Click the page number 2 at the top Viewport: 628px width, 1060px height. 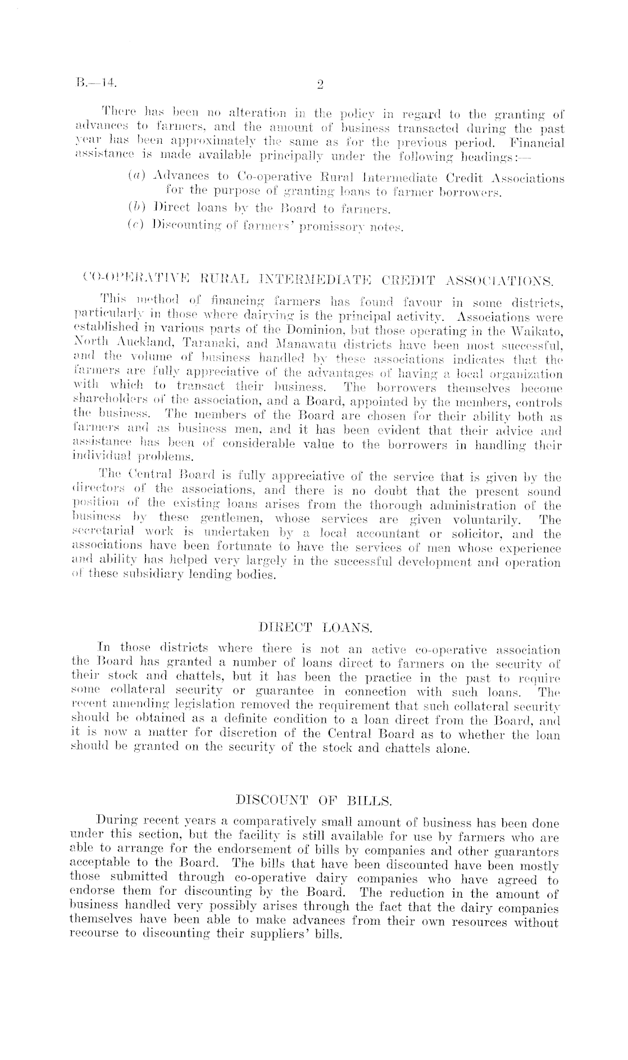pyautogui.click(x=320, y=85)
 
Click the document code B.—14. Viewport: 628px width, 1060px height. pyautogui.click(x=96, y=84)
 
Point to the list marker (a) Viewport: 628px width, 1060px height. pyautogui.click(x=134, y=178)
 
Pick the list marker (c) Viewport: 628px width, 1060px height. pyautogui.click(x=134, y=226)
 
